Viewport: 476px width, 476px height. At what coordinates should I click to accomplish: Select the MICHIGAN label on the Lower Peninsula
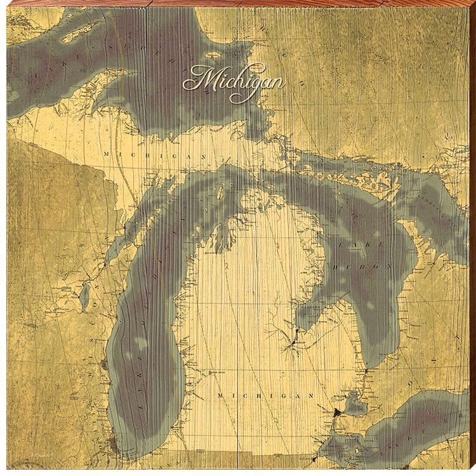pyautogui.click(x=265, y=395)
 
